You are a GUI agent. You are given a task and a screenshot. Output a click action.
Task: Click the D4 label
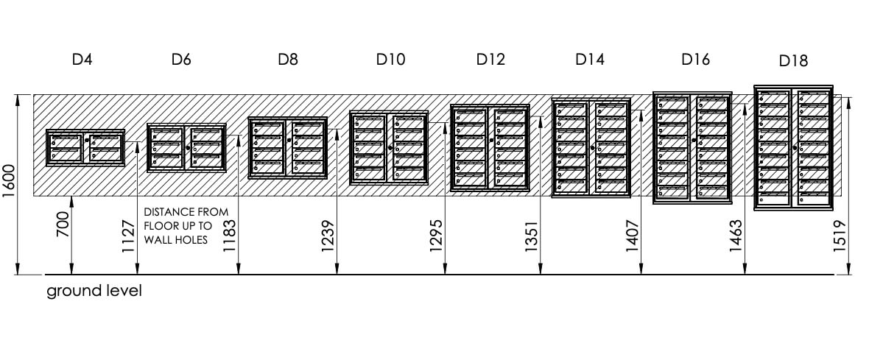coord(82,59)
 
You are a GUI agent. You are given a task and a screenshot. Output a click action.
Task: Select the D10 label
coord(391,59)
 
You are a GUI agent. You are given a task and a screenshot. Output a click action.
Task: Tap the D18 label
coord(793,61)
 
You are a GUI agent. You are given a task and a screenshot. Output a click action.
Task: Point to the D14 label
coord(590,59)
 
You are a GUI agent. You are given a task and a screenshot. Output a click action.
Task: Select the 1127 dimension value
coord(128,236)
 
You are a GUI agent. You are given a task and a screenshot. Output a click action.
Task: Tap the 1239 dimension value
coord(328,236)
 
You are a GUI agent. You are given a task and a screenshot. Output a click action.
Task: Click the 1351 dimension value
coord(532,236)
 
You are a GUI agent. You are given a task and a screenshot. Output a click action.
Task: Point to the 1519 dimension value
coord(840,236)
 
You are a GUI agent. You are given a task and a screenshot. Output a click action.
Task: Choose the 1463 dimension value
coord(736,236)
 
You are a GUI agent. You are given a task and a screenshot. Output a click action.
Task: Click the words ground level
coord(94,292)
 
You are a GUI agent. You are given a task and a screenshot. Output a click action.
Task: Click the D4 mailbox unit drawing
coord(85,147)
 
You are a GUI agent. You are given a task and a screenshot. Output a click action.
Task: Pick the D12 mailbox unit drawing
coord(490,148)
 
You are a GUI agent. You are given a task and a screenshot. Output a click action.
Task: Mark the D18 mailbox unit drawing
coord(794,147)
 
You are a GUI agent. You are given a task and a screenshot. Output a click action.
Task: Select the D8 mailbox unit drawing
coord(288,147)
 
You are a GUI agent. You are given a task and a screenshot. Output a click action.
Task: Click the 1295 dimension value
coord(436,236)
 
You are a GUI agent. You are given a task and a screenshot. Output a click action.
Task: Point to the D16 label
coord(695,59)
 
